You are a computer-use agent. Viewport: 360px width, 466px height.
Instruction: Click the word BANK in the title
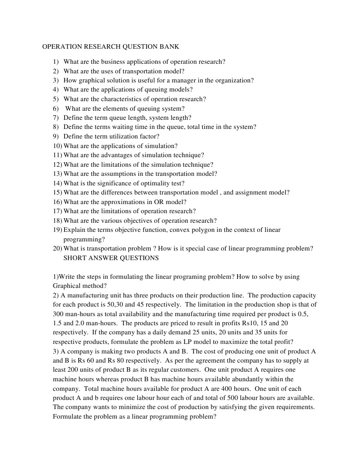pyautogui.click(x=170, y=46)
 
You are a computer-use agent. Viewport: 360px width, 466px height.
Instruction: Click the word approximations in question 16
pyautogui.click(x=120, y=202)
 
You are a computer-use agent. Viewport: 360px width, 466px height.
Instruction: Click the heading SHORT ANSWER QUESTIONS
pyautogui.click(x=111, y=258)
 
